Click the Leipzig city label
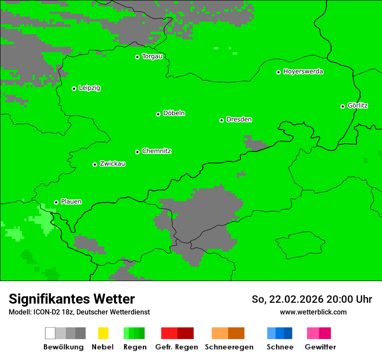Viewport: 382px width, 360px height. click(89, 88)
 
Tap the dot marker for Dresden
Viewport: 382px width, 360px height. click(221, 120)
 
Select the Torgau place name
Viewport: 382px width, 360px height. click(152, 56)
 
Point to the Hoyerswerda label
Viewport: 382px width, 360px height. click(303, 72)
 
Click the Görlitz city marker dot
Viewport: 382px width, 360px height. click(342, 106)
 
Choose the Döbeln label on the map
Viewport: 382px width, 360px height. click(174, 113)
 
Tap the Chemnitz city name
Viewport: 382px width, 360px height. click(156, 151)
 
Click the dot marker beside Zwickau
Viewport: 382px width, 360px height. click(95, 164)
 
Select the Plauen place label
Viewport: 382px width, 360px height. click(71, 202)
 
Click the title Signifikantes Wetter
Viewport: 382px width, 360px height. click(72, 299)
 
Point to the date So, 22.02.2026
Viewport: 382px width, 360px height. click(287, 299)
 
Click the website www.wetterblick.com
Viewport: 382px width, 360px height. click(313, 312)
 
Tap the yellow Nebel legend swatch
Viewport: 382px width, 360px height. click(103, 333)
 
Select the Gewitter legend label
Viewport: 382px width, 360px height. click(320, 347)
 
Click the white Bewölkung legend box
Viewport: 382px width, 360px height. click(50, 333)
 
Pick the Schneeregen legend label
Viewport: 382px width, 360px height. click(229, 347)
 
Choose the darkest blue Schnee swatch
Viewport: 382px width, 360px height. click(288, 333)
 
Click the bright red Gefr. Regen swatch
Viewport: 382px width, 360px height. click(169, 333)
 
